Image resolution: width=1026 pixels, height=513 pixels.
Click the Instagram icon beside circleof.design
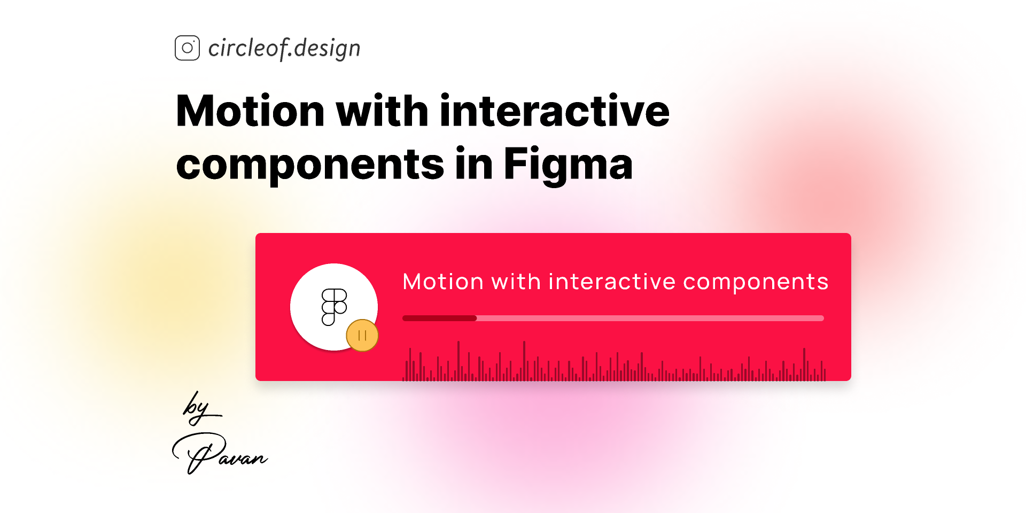point(187,48)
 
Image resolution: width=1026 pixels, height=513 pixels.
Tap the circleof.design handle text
point(284,48)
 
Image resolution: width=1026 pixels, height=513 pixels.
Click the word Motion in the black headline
point(250,111)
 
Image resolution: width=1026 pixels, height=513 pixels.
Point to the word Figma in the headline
point(568,165)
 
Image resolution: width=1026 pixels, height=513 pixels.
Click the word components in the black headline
point(310,165)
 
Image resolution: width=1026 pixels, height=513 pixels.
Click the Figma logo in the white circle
point(334,307)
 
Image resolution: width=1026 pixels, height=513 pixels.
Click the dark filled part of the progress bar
point(439,318)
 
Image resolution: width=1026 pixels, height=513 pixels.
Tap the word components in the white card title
point(756,282)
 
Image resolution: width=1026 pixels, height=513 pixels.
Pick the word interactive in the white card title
point(612,282)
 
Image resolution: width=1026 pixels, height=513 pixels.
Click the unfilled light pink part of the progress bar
point(649,318)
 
